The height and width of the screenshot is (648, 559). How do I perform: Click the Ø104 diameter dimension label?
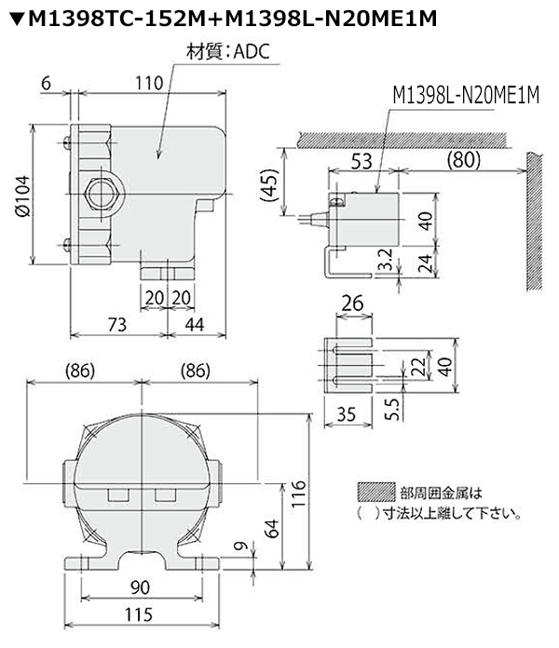point(22,196)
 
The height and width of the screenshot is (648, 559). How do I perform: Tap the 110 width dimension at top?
point(149,84)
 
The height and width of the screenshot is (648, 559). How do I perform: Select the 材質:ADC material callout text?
point(228,52)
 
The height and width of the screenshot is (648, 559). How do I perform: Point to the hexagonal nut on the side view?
point(104,195)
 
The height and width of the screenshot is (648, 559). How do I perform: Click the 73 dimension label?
point(117,324)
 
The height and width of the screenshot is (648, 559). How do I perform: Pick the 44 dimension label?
point(195,324)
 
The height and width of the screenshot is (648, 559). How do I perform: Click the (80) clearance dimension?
point(464,159)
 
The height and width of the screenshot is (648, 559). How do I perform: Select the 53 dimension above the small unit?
point(361,161)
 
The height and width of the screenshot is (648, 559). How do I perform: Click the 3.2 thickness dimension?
point(386,259)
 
